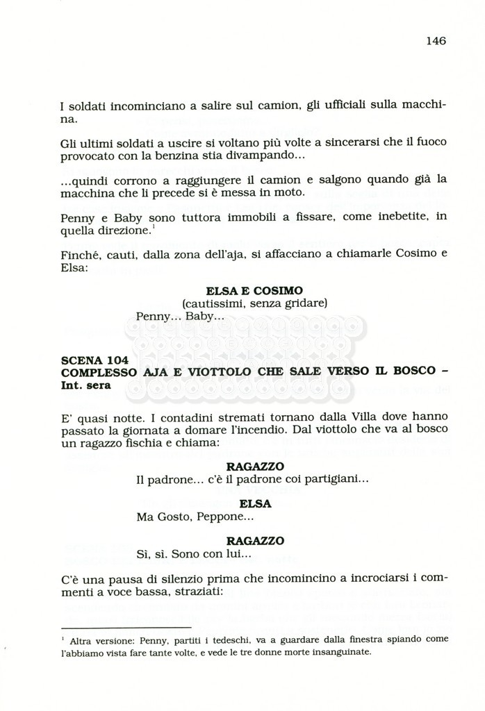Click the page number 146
point(436,40)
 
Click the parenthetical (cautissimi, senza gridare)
point(254,303)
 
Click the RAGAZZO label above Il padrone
point(254,467)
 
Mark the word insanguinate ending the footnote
point(340,652)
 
